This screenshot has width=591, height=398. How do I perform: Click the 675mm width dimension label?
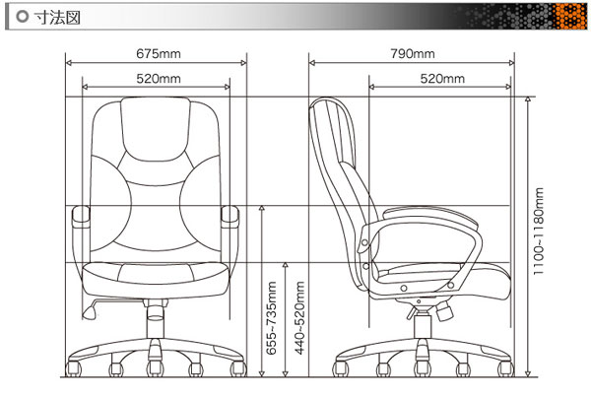pyautogui.click(x=159, y=53)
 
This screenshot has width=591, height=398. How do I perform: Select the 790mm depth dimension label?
pyautogui.click(x=413, y=53)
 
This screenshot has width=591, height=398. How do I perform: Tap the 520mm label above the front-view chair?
pyautogui.click(x=159, y=79)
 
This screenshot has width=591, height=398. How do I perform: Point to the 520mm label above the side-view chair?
pyautogui.click(x=442, y=79)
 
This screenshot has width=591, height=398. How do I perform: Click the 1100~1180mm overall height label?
pyautogui.click(x=539, y=232)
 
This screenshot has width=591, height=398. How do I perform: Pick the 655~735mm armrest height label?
pyautogui.click(x=272, y=318)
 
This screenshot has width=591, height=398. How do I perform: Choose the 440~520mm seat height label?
pyautogui.click(x=299, y=318)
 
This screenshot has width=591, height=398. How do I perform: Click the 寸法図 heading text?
pyautogui.click(x=57, y=17)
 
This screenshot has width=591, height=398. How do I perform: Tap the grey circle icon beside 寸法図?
pyautogui.click(x=23, y=17)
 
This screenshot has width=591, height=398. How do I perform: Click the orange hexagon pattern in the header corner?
pyautogui.click(x=569, y=17)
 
